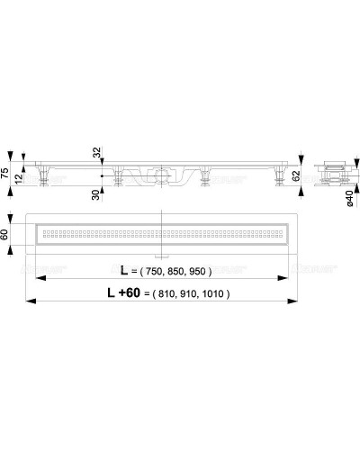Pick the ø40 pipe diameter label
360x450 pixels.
[349, 203]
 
